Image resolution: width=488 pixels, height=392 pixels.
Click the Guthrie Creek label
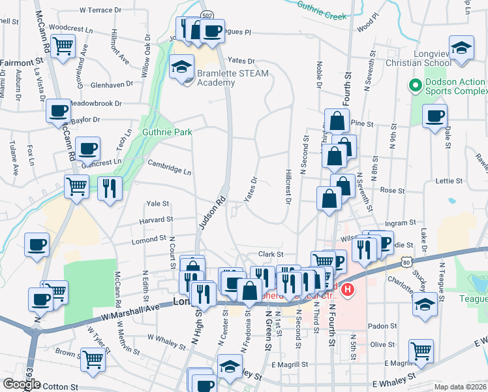click(x=321, y=12)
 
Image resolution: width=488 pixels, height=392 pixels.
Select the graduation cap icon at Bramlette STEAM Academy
click(x=181, y=66)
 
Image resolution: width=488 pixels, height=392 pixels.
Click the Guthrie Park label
click(x=168, y=132)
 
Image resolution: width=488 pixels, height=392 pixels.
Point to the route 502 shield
click(x=206, y=14)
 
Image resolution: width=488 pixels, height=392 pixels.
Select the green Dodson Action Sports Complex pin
click(x=414, y=86)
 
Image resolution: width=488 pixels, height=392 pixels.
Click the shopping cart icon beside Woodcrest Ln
click(x=63, y=46)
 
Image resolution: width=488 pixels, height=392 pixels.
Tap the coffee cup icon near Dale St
click(x=435, y=116)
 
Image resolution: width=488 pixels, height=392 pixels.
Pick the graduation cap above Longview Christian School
click(x=461, y=48)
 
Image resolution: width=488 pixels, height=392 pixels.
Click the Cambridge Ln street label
click(x=169, y=167)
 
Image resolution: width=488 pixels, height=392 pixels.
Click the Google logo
click(x=22, y=384)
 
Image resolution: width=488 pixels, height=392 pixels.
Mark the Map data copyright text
click(x=459, y=387)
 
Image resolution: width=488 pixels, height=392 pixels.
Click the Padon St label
click(x=382, y=325)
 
